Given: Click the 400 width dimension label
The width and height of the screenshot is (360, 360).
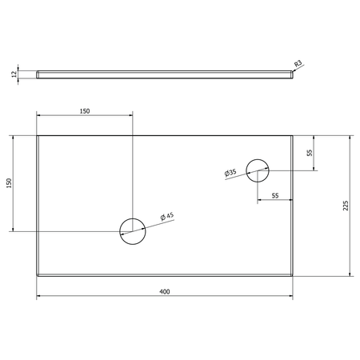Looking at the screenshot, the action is point(165,292).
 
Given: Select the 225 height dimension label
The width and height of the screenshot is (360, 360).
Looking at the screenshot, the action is point(346,206).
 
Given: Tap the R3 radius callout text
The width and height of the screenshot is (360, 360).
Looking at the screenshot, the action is point(298,64).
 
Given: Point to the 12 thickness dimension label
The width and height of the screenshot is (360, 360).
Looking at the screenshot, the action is point(14,74).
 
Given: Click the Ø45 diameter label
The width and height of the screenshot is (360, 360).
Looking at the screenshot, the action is point(167,216).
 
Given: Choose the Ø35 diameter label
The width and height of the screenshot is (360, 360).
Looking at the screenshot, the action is point(230,173).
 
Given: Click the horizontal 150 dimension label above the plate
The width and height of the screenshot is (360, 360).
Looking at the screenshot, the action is point(85,111).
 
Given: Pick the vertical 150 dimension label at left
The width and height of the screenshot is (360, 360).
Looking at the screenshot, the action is point(9,183).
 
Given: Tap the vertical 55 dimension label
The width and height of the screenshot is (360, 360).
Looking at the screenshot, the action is point(310,153).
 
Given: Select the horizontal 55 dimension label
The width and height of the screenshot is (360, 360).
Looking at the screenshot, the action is point(275,196).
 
